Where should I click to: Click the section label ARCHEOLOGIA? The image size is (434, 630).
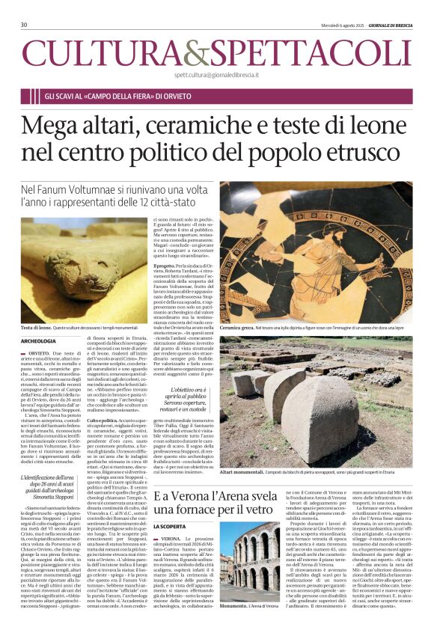click(x=38, y=340)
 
